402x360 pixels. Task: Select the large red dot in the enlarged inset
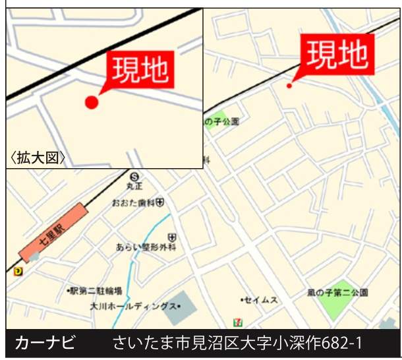coord(92,102)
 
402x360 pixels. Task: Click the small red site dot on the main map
coord(289,85)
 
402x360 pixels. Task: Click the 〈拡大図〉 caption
coord(38,158)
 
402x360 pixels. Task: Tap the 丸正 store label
coord(134,187)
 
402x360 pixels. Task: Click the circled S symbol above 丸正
coord(134,176)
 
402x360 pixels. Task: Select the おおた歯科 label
coord(133,202)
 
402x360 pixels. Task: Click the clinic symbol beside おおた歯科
coord(160,202)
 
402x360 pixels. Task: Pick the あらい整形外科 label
coord(146,247)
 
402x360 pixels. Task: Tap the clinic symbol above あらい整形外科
coord(172,236)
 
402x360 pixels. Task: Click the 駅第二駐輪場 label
coord(95,291)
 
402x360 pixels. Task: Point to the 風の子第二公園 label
coord(337,292)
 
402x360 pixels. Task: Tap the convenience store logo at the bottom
coord(236,321)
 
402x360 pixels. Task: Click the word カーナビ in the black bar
coord(45,344)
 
